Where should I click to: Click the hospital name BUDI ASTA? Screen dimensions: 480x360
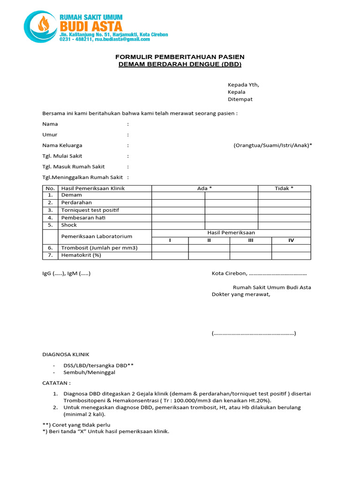pyautogui.click(x=90, y=27)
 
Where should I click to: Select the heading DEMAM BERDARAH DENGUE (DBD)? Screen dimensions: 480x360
pyautogui.click(x=180, y=64)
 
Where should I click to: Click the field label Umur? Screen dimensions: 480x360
pyautogui.click(x=50, y=135)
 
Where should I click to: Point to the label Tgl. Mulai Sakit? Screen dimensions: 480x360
pyautogui.click(x=62, y=156)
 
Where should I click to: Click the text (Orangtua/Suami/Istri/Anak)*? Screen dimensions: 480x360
pyautogui.click(x=273, y=145)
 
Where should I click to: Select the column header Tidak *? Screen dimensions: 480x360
pyautogui.click(x=284, y=188)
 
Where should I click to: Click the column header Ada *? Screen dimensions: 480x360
pyautogui.click(x=204, y=188)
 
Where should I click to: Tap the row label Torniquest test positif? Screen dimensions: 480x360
pyautogui.click(x=90, y=210)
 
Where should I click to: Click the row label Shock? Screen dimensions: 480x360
pyautogui.click(x=69, y=225)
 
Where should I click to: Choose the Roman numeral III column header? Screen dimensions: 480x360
pyautogui.click(x=251, y=240)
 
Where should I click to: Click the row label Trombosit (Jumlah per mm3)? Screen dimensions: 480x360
pyautogui.click(x=99, y=247)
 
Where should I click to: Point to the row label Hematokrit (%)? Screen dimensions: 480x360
pyautogui.click(x=81, y=255)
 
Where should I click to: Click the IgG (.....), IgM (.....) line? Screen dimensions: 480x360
pyautogui.click(x=66, y=273)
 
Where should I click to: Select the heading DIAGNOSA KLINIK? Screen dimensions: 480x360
pyautogui.click(x=66, y=354)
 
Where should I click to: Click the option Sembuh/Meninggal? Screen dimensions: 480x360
pyautogui.click(x=90, y=372)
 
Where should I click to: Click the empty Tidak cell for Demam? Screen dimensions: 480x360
pyautogui.click(x=284, y=195)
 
